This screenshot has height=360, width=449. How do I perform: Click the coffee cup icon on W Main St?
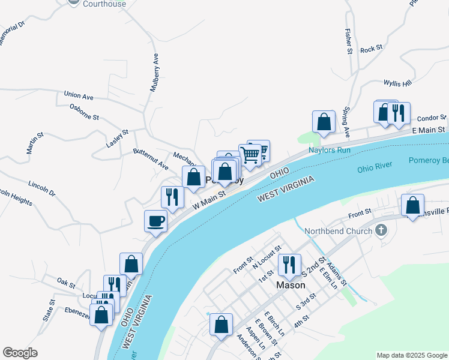[155, 221]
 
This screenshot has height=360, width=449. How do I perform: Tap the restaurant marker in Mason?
[290, 265]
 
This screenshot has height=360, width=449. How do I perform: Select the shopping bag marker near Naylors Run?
[324, 122]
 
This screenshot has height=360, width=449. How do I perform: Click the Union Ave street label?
[79, 95]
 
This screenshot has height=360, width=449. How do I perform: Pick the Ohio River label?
[374, 169]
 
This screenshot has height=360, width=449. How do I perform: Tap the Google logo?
[20, 353]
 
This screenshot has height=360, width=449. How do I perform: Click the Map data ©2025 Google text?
[411, 355]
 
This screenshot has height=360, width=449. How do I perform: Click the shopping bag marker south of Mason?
[221, 325]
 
